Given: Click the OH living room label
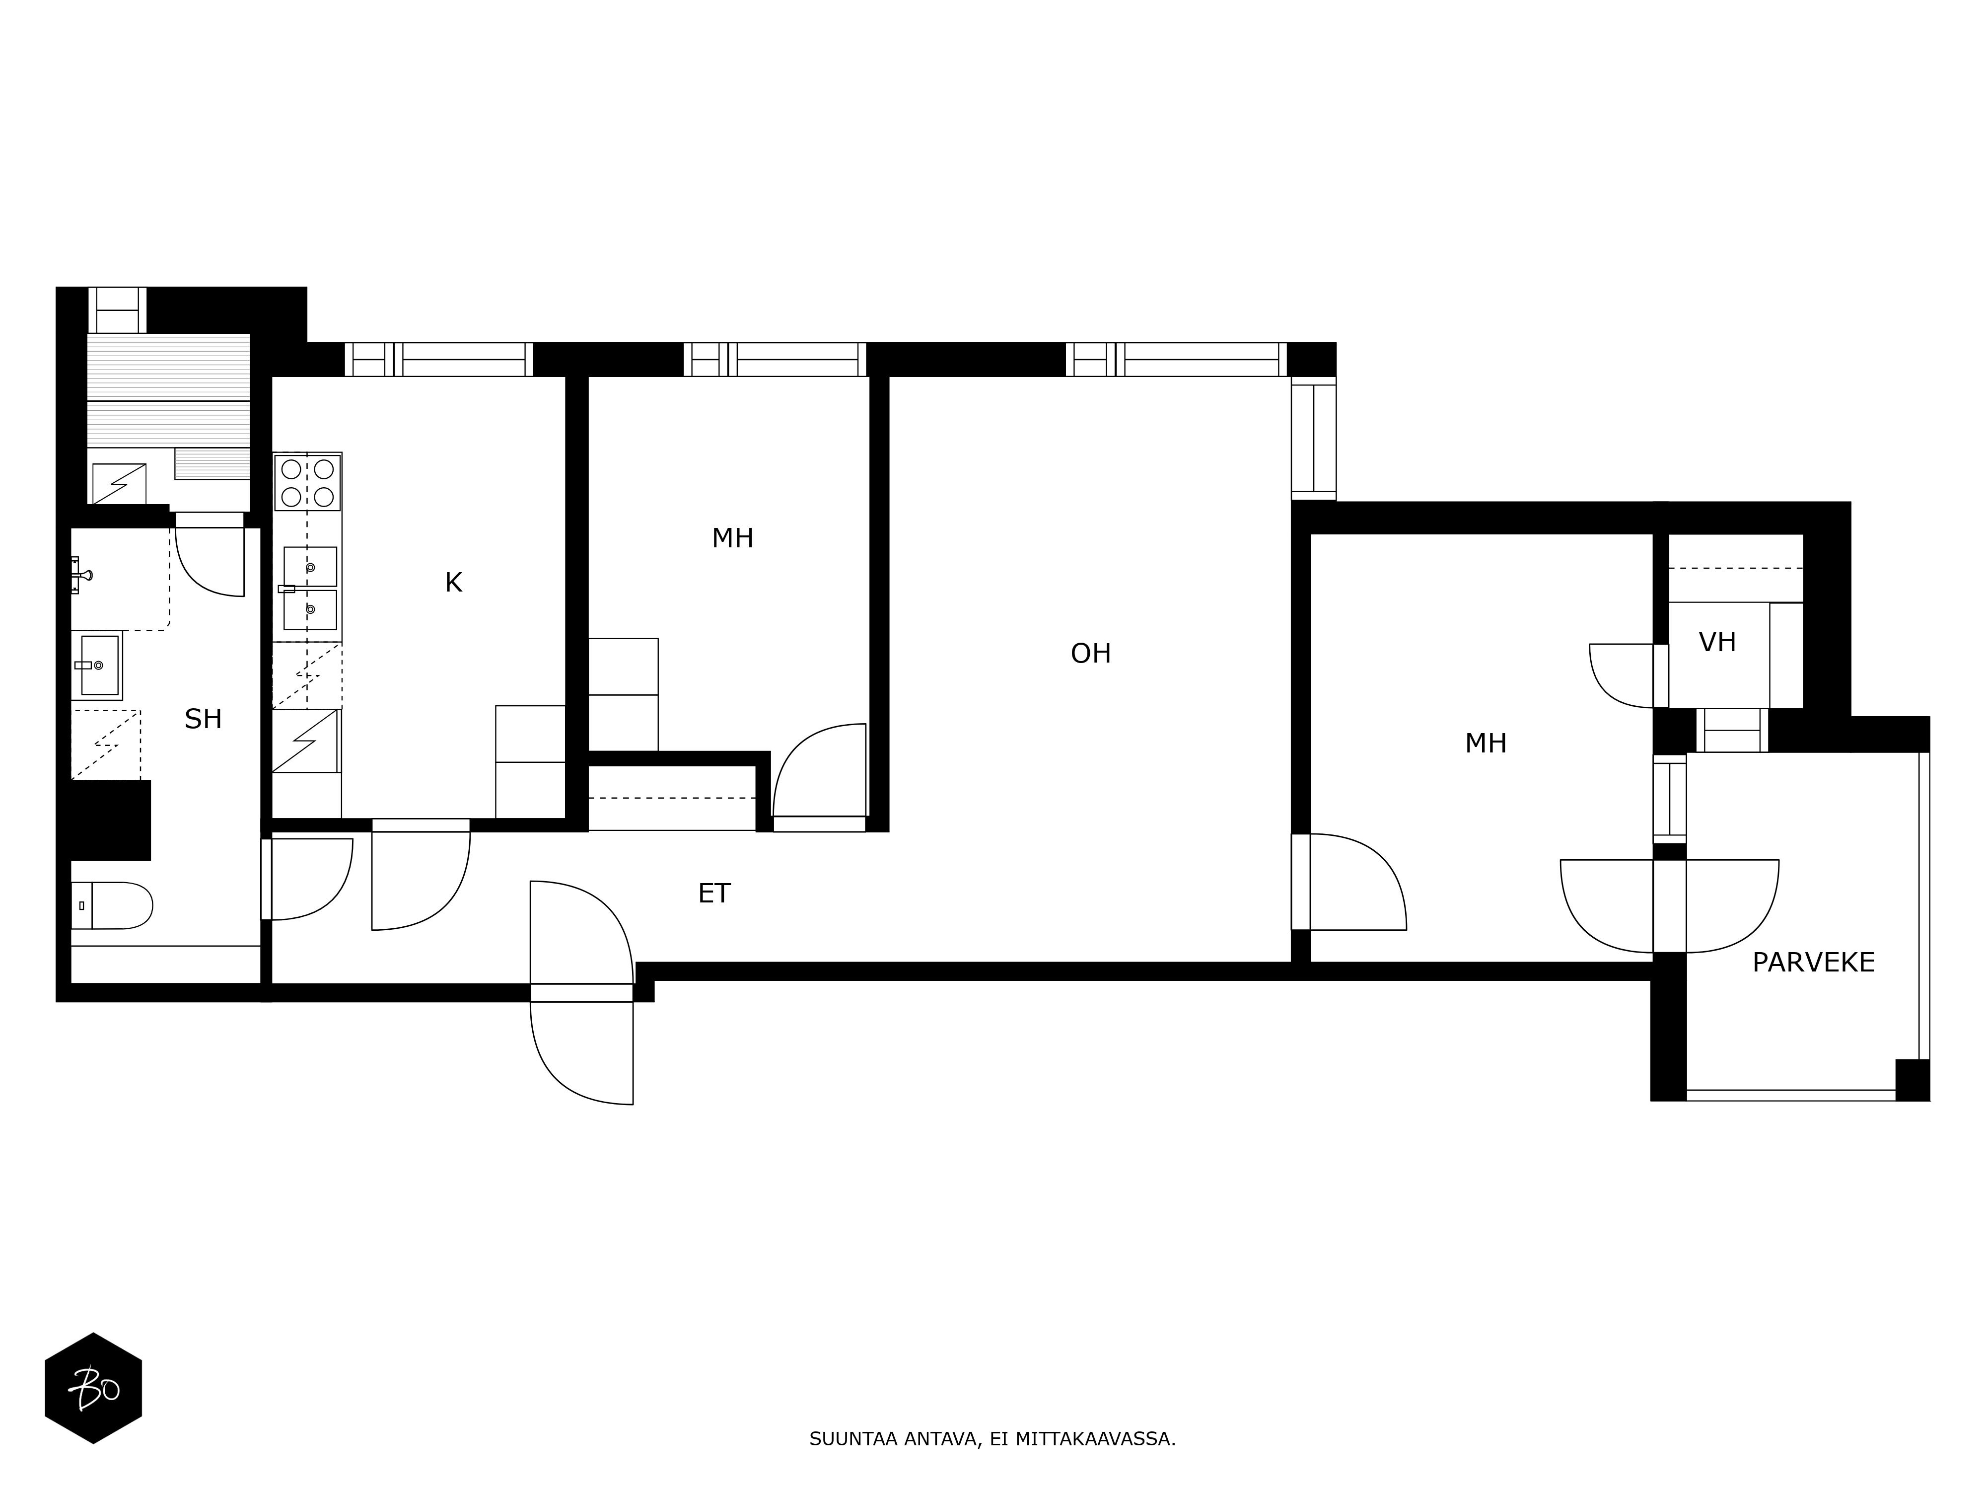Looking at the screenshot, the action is pos(1091,654).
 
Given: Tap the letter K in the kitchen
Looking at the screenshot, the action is pos(453,583).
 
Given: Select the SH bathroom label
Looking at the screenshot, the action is pos(203,719).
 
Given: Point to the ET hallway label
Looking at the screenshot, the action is pos(714,894).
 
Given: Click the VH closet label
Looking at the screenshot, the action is pos(1717,642).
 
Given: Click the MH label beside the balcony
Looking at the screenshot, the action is pos(1486,744).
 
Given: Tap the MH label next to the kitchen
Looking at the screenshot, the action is pos(733,539).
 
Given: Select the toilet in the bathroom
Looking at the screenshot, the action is pos(112,905).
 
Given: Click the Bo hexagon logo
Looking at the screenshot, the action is pos(93,1389).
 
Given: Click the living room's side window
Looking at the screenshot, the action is pos(1314,438).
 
